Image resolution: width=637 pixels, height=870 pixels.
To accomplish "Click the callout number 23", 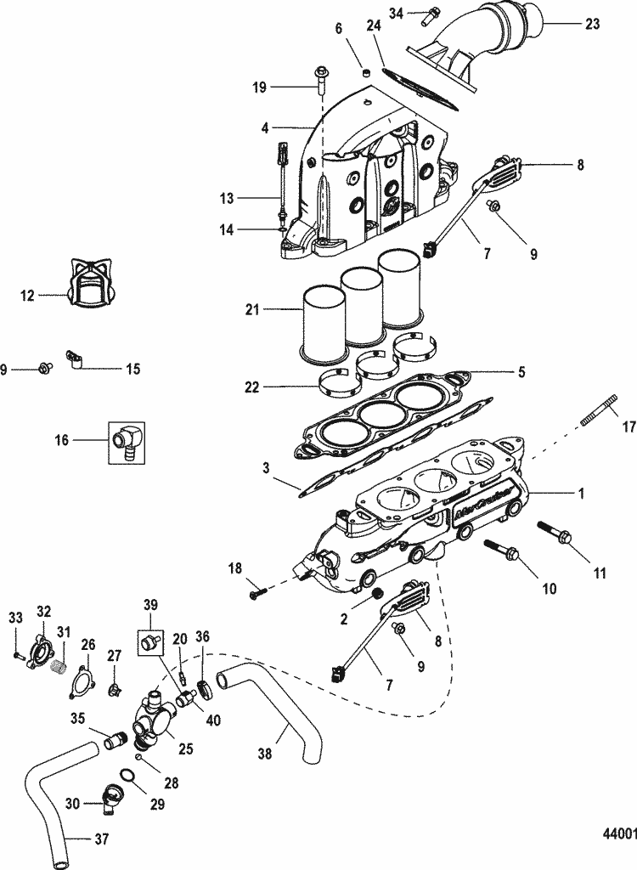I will (x=593, y=25).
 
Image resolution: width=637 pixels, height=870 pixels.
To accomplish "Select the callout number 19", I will (x=259, y=86).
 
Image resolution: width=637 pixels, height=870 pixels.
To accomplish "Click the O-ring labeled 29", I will (x=125, y=775).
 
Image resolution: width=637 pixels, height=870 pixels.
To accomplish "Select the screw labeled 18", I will (x=258, y=595).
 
